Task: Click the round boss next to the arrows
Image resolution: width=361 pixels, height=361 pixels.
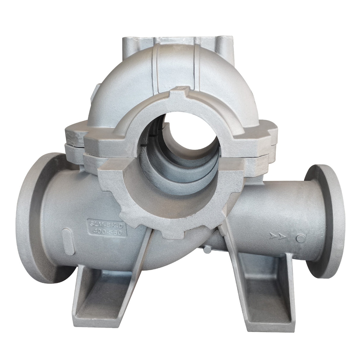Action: tap(301, 238)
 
